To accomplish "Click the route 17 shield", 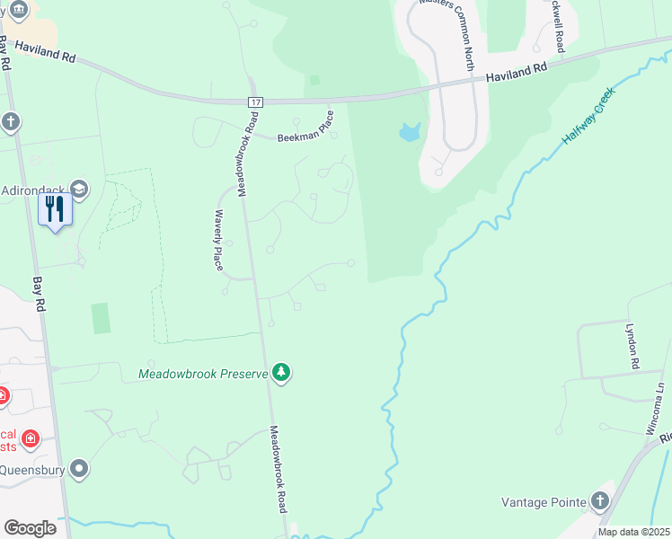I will [x=256, y=103].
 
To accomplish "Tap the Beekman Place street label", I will [x=306, y=128].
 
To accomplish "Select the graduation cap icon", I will [x=79, y=189].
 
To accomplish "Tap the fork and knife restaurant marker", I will [x=55, y=209].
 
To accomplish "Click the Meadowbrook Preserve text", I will [x=203, y=373].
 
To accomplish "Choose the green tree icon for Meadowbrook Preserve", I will [x=281, y=372].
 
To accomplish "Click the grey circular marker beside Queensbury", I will [x=79, y=468].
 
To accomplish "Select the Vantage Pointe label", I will [x=544, y=501].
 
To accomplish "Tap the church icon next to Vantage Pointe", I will [x=600, y=501].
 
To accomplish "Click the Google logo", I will [x=30, y=528].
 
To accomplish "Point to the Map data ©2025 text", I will [x=632, y=532].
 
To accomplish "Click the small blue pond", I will [x=410, y=133].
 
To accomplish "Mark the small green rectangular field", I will [x=101, y=318].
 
